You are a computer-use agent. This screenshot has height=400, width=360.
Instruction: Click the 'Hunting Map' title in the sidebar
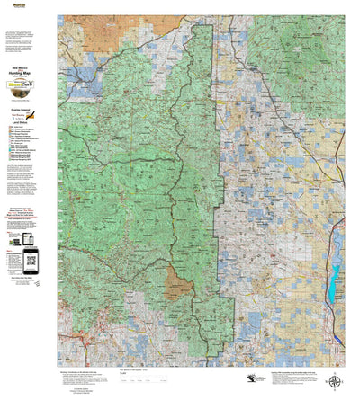tap(27, 72)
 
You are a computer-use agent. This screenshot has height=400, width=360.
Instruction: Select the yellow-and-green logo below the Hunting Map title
tap(28, 88)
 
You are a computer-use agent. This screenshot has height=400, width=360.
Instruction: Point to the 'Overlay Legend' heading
tap(22, 108)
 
